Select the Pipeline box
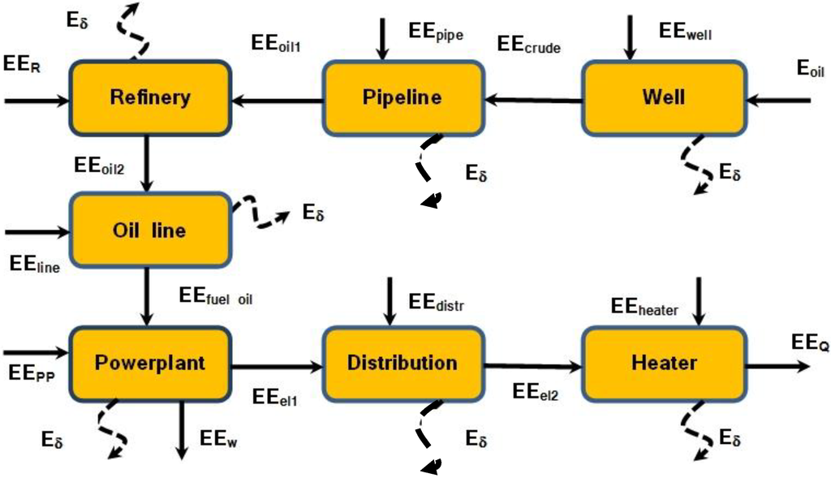(x=403, y=98)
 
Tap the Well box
(x=663, y=98)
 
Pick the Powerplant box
(x=149, y=363)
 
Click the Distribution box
(x=403, y=364)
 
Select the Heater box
(x=663, y=364)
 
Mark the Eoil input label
(x=810, y=70)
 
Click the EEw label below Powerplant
(x=217, y=441)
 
